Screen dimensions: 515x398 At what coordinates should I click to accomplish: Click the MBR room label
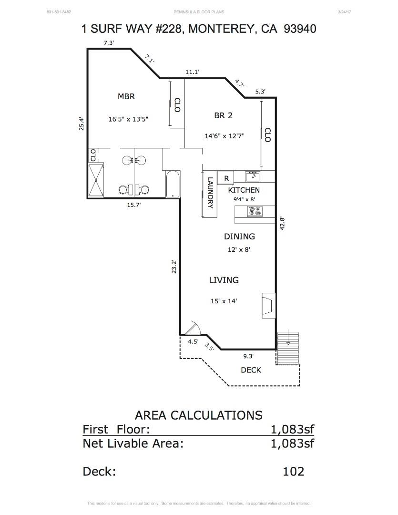tap(126, 96)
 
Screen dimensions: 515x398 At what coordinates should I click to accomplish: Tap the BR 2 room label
tap(223, 115)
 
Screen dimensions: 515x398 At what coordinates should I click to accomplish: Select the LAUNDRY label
tap(210, 193)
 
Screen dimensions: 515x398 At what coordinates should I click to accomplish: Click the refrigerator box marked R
tap(226, 178)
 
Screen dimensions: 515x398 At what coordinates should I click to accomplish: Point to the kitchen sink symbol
tap(253, 176)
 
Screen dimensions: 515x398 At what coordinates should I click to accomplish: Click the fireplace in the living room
tap(268, 305)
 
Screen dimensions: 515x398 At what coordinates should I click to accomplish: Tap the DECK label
tap(251, 370)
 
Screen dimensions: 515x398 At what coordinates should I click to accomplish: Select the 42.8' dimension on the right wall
tap(282, 224)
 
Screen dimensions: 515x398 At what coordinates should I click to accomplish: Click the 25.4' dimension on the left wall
tap(82, 124)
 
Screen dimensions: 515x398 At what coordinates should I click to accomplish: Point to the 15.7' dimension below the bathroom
tap(133, 205)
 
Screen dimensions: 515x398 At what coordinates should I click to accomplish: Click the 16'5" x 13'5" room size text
tap(128, 119)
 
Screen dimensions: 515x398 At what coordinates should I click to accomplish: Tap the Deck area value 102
tap(293, 471)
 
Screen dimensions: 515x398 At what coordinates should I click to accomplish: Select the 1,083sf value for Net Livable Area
tap(292, 443)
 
